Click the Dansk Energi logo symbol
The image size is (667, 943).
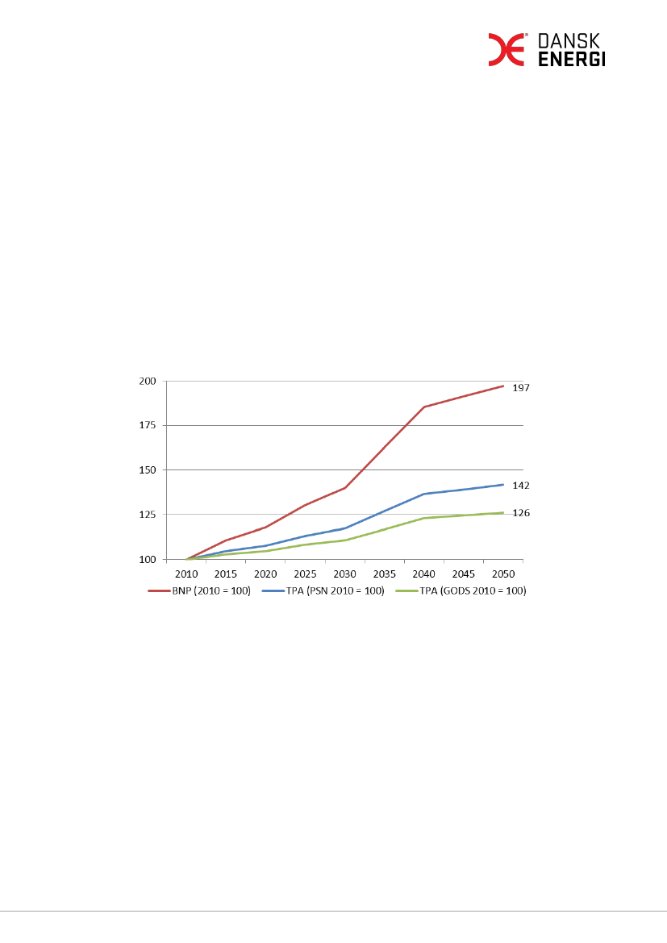coord(507,50)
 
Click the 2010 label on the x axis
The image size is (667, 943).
coord(186,574)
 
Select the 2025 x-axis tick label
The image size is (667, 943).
coord(305,574)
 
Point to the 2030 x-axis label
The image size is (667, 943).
coord(344,574)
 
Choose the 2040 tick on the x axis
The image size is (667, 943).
coord(423,574)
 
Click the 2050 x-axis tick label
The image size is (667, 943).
coord(502,574)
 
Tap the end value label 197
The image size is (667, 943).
coord(521,388)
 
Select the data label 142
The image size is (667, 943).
coord(521,486)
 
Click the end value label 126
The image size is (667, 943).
coord(521,513)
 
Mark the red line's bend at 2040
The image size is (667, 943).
coord(423,407)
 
